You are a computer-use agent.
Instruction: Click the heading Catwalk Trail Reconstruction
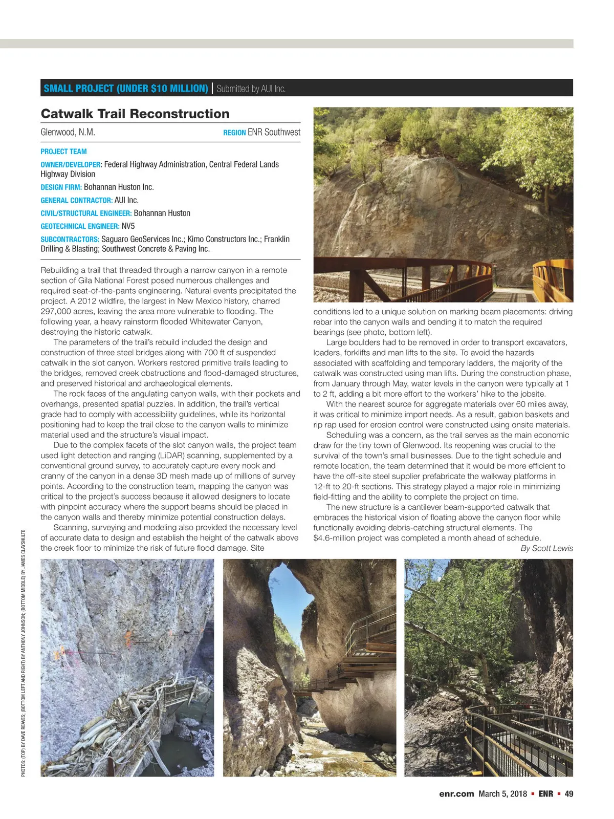[135, 114]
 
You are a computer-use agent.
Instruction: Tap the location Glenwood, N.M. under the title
[68, 132]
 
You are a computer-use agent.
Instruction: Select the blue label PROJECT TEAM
[63, 152]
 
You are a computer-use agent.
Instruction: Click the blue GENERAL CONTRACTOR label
[76, 200]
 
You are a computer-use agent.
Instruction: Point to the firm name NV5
[128, 226]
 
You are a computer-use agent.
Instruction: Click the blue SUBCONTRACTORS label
[70, 239]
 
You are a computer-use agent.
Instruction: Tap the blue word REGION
[234, 133]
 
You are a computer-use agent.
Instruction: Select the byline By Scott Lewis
[546, 548]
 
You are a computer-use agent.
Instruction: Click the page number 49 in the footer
[569, 794]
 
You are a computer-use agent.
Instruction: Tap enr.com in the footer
[456, 794]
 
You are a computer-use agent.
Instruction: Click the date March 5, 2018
[502, 794]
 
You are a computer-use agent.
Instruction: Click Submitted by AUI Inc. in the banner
[251, 89]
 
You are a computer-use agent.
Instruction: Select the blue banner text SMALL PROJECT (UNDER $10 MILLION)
[126, 88]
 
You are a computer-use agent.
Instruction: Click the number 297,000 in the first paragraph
[56, 311]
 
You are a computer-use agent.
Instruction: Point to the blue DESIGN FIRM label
[61, 187]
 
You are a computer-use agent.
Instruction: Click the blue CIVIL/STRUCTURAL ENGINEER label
[86, 213]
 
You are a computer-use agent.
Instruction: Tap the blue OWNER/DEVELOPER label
[71, 164]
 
